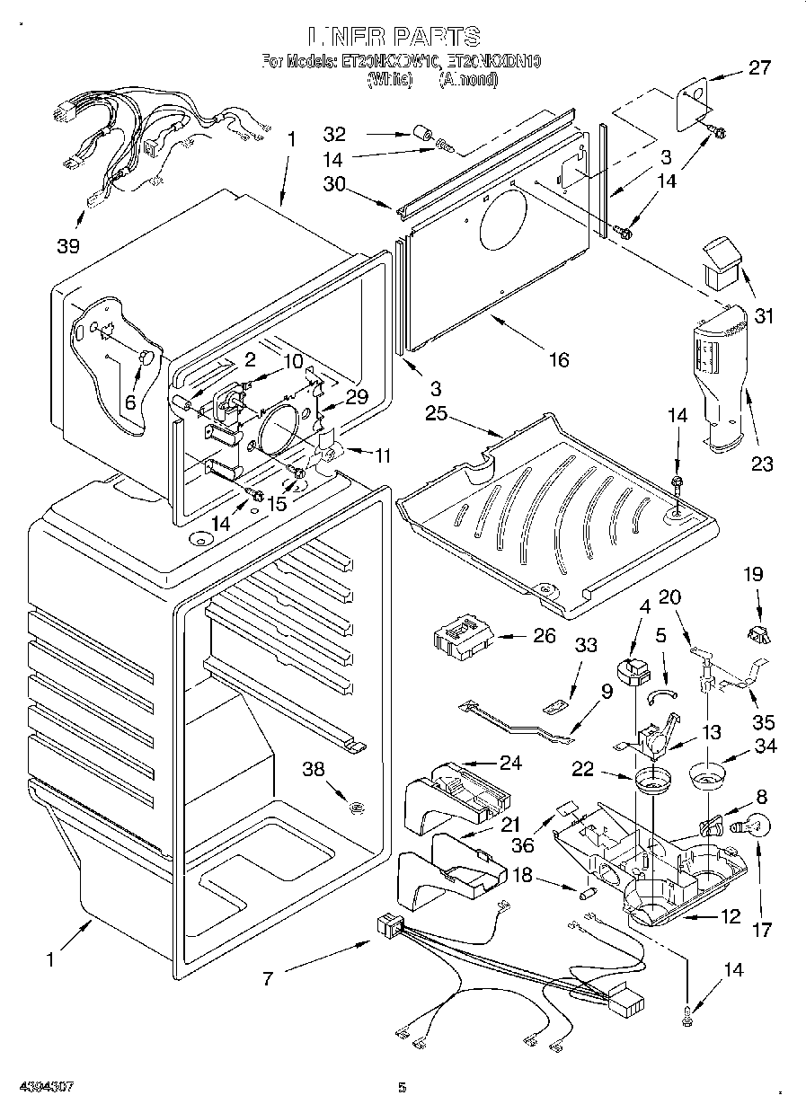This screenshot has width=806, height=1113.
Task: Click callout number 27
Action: tap(759, 68)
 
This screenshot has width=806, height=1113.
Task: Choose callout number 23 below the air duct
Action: tap(762, 464)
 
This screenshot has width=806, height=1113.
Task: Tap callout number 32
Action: tap(334, 135)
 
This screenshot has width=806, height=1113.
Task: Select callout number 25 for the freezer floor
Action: tap(436, 414)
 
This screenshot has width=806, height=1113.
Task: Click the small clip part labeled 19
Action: tap(757, 635)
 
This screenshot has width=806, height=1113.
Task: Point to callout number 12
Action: tap(731, 916)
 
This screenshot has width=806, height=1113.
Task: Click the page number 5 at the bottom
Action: tap(403, 1088)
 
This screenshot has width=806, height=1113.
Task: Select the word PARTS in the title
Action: tap(434, 37)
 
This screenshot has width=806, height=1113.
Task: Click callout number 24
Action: tap(510, 764)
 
